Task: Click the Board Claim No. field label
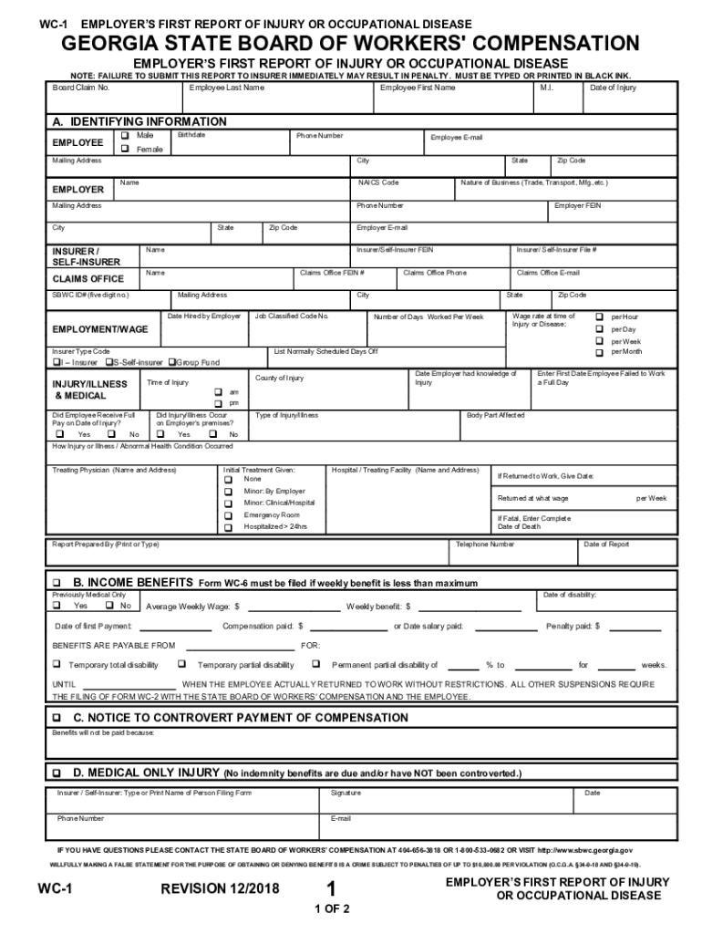(x=81, y=88)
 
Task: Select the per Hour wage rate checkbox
(x=599, y=317)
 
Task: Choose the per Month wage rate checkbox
(x=599, y=351)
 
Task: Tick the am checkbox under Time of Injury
(x=218, y=391)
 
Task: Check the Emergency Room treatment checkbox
(x=228, y=515)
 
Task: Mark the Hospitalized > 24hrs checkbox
(x=228, y=527)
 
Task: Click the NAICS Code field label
(x=377, y=182)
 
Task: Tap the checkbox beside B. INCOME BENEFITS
(x=57, y=583)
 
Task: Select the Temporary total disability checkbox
(x=57, y=665)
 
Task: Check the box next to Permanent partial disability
(x=316, y=665)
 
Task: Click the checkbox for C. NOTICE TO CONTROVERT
(x=57, y=718)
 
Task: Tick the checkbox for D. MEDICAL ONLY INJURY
(x=57, y=773)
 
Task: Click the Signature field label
(x=345, y=793)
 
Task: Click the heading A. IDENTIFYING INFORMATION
(x=139, y=121)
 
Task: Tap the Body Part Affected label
(x=495, y=415)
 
